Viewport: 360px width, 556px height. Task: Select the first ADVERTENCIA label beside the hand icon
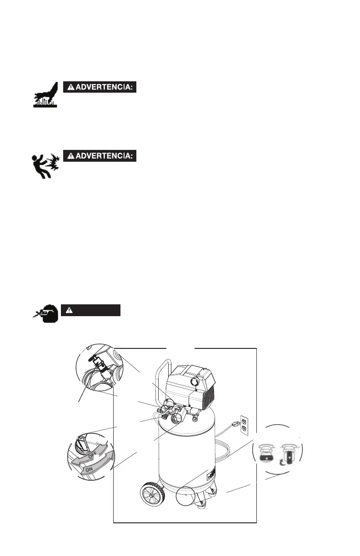pos(100,87)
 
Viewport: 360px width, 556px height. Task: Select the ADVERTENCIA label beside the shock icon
pos(100,156)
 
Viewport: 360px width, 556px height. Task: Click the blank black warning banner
pos(91,310)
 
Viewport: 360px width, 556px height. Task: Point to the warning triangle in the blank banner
pos(69,310)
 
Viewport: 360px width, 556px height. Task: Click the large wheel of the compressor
pos(151,494)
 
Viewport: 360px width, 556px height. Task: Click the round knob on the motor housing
pos(194,377)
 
